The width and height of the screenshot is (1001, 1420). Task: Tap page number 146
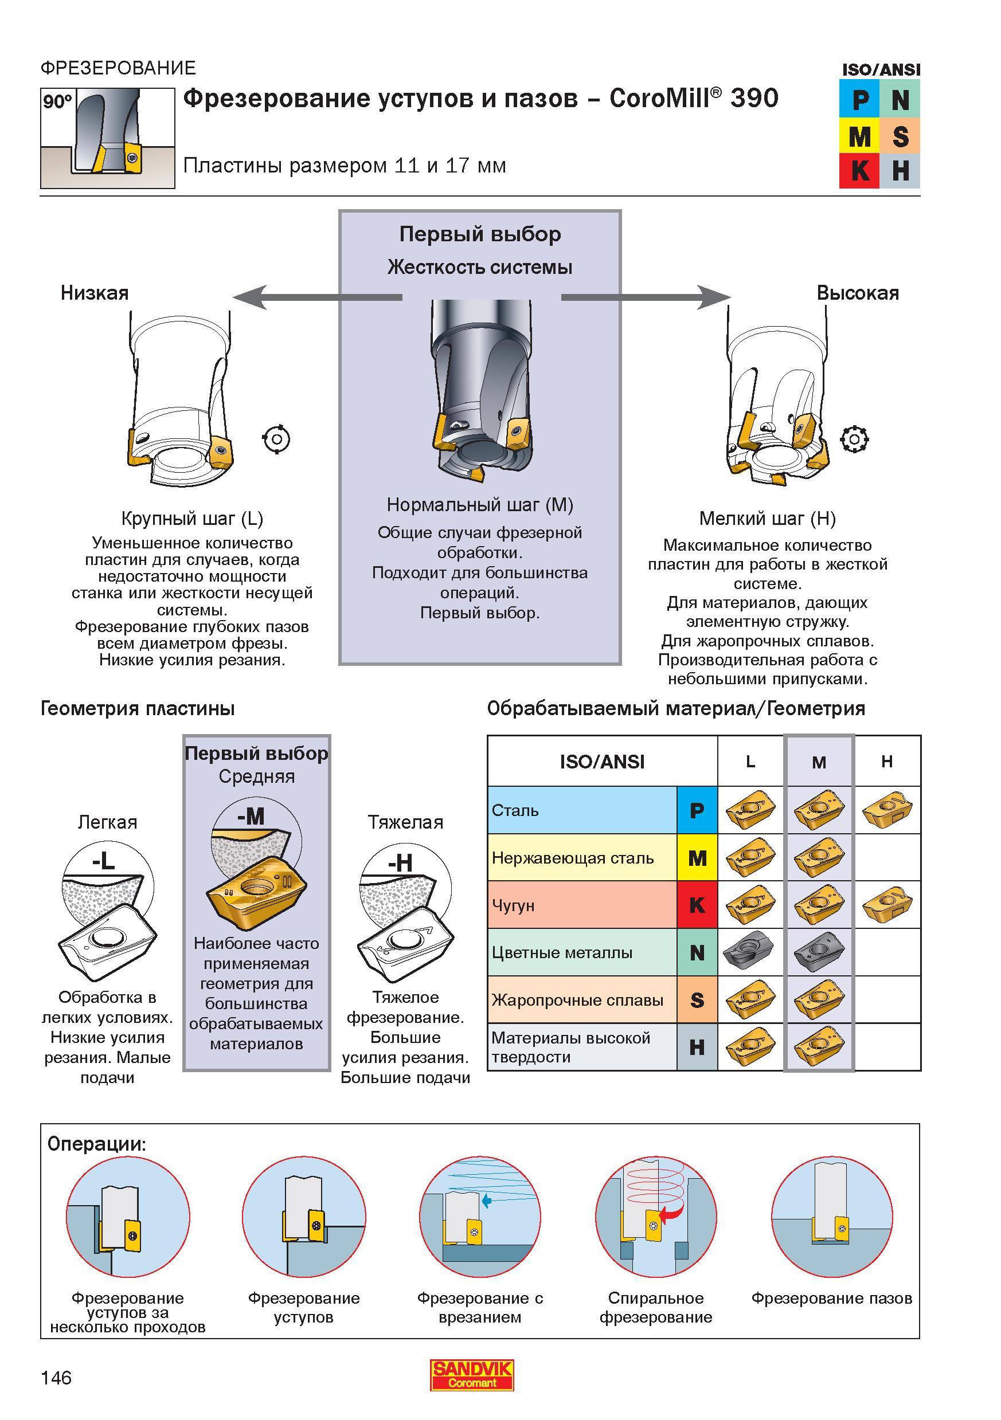pyautogui.click(x=56, y=1378)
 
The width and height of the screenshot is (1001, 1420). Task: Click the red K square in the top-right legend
pyautogui.click(x=859, y=171)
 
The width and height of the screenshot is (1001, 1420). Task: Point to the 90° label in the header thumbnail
pyautogui.click(x=57, y=101)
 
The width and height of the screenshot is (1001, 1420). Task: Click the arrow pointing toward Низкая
pyautogui.click(x=318, y=297)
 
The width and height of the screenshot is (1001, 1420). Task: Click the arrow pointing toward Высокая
pyautogui.click(x=646, y=297)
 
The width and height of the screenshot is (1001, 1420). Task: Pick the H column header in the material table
pyautogui.click(x=886, y=762)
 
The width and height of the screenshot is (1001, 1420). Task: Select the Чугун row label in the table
pyautogui.click(x=513, y=905)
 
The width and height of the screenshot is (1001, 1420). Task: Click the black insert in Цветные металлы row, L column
pyautogui.click(x=750, y=952)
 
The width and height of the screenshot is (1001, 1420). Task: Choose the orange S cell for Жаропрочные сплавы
pyautogui.click(x=697, y=1000)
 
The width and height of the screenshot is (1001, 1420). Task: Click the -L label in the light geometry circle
pyautogui.click(x=103, y=861)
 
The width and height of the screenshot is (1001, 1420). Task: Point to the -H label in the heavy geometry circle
pyautogui.click(x=400, y=862)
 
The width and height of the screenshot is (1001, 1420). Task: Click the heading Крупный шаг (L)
pyautogui.click(x=192, y=518)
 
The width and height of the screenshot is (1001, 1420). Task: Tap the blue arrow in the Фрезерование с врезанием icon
pyautogui.click(x=486, y=1201)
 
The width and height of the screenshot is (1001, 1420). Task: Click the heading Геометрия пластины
pyautogui.click(x=138, y=708)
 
